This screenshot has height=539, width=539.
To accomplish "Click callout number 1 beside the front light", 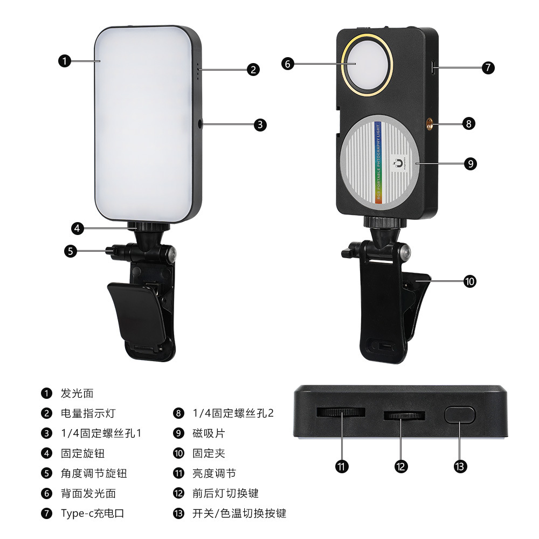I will pos(64,61).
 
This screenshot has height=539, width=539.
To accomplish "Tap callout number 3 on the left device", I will pos(260,125).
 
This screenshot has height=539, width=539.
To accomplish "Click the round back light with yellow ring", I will pos(367,64).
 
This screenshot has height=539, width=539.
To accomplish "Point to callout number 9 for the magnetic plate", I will pos(471,163).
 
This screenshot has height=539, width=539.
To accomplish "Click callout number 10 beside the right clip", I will pos(471,281).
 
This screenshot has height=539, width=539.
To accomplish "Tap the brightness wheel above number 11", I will pos(341,412).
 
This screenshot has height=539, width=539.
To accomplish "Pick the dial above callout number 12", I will pos(404,416).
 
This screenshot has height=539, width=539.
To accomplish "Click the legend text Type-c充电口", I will pos(92,513).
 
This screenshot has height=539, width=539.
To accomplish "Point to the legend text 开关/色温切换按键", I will pos(239,513).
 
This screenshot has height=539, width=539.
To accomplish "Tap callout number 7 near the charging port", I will pos(488,68).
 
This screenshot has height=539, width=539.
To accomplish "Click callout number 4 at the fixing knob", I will pos(78,228).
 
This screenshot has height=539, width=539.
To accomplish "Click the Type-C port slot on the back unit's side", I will pos(435,68).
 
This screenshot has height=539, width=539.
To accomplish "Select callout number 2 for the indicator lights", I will pos(253,69).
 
